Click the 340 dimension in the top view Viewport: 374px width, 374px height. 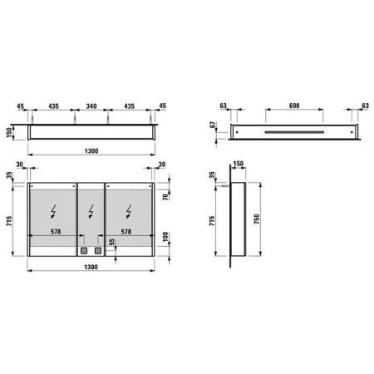pos(91,108)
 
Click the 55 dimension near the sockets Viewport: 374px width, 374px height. pos(112,241)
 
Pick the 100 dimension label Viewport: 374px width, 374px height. pos(166,237)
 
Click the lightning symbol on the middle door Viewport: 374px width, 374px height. pos(91,209)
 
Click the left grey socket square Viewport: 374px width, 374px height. pos(84,249)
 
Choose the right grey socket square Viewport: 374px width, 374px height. pos(97,249)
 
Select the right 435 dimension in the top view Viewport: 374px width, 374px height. pos(130,108)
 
